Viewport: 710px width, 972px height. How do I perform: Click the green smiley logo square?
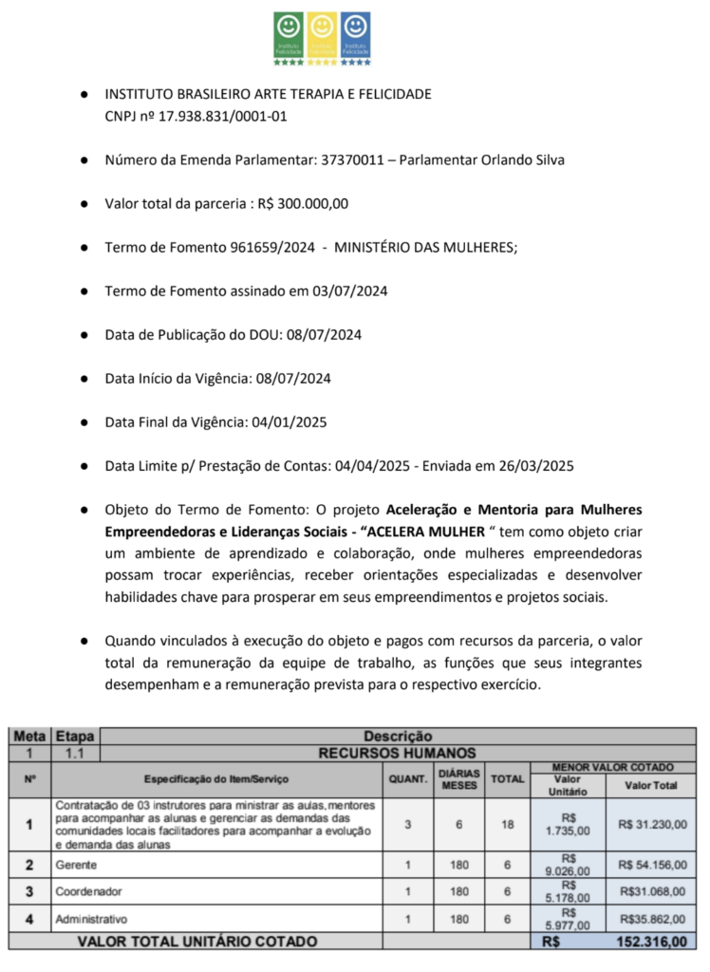(289, 34)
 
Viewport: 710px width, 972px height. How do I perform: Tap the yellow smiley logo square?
(323, 34)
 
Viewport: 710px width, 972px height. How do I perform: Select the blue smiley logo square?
(356, 34)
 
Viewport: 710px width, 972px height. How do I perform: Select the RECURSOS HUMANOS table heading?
(397, 752)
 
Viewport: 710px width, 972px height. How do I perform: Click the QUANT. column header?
(407, 779)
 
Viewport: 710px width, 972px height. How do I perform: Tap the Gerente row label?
(76, 865)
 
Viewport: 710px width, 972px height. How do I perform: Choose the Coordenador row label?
(87, 891)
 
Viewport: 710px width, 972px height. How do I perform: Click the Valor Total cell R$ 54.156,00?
(653, 865)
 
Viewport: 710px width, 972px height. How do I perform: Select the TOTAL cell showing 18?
(508, 824)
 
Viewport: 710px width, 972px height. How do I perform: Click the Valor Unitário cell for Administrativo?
(569, 919)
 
